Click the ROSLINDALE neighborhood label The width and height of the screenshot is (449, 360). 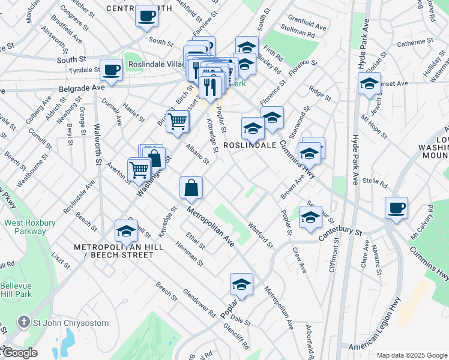click(x=250, y=145)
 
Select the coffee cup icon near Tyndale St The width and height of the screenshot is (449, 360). click(x=112, y=70)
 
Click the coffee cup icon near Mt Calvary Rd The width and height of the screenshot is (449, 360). click(x=396, y=208)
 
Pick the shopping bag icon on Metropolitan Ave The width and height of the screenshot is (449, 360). click(x=191, y=187)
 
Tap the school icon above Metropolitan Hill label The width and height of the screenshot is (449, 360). click(x=127, y=230)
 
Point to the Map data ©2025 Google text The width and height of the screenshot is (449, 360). click(x=411, y=355)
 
